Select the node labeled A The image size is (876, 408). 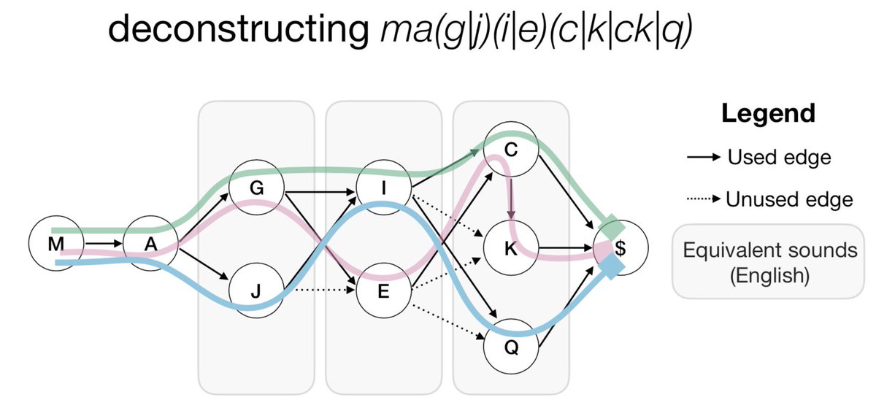pyautogui.click(x=150, y=245)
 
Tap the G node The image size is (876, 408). pyautogui.click(x=256, y=187)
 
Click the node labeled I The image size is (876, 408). pyautogui.click(x=384, y=188)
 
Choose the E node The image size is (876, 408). pyautogui.click(x=384, y=290)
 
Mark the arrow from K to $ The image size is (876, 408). pyautogui.click(x=565, y=247)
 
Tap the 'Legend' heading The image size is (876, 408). pyautogui.click(x=767, y=114)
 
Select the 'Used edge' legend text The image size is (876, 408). pyautogui.click(x=779, y=157)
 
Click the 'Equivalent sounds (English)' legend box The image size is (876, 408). pyautogui.click(x=769, y=261)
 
